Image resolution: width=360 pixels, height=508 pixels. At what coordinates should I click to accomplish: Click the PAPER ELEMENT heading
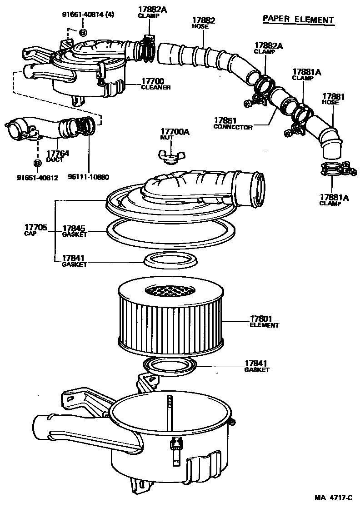(298, 20)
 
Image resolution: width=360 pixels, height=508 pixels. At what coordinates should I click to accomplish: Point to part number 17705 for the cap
(35, 227)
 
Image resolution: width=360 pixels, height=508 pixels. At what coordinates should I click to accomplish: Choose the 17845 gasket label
(74, 229)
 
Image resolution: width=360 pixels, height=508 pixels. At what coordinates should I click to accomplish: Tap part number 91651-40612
(37, 177)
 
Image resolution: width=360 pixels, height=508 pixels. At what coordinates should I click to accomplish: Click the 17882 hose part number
(203, 20)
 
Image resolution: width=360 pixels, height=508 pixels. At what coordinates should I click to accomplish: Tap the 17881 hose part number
(334, 96)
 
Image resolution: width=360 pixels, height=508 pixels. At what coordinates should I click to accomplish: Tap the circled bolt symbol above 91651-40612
(38, 162)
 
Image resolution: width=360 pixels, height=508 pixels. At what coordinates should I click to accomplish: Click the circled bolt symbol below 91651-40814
(83, 32)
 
